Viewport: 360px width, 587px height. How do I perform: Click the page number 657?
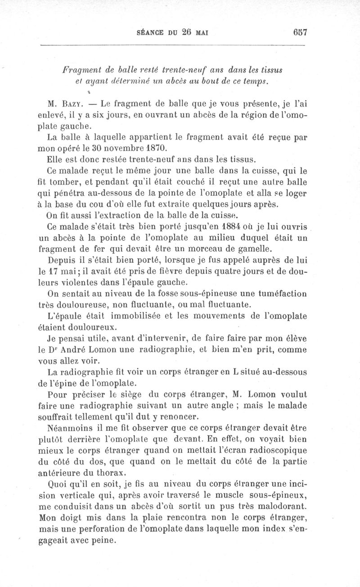coord(299,32)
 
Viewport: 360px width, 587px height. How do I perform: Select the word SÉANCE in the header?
coord(150,32)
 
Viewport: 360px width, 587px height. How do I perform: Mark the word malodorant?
coord(285,505)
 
